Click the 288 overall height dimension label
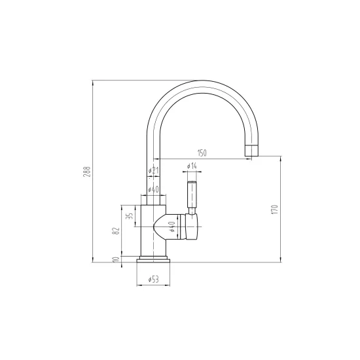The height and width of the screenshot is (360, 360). (87, 171)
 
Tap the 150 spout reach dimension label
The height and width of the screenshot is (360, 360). (202, 153)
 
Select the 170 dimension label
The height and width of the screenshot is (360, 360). (275, 209)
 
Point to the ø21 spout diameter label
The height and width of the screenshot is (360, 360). (153, 170)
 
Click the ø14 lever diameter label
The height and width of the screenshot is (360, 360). (192, 166)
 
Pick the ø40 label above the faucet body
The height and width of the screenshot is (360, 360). (153, 189)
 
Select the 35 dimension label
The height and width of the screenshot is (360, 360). (130, 216)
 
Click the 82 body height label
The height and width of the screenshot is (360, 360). (117, 231)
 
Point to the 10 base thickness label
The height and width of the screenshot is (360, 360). (117, 259)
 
